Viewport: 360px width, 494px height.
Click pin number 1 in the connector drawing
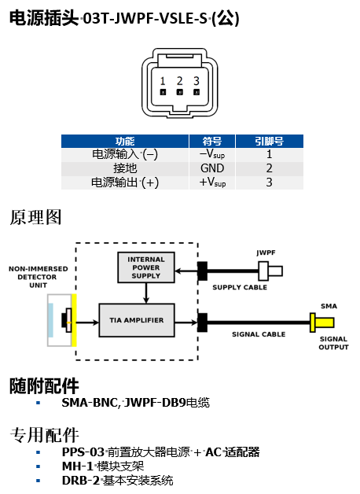tap(163, 81)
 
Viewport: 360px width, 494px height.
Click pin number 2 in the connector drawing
tap(179, 81)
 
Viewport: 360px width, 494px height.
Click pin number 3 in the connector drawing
tap(196, 81)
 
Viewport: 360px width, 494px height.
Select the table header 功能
tap(125, 141)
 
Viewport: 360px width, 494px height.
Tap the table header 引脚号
tap(269, 141)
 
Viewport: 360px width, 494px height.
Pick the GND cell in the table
tap(212, 168)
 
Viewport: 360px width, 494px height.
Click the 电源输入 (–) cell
tap(125, 155)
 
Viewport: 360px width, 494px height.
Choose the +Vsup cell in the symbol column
tap(212, 182)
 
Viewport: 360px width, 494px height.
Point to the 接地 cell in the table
tap(125, 168)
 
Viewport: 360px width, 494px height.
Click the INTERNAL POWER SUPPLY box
tap(145, 267)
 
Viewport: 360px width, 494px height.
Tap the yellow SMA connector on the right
tap(321, 321)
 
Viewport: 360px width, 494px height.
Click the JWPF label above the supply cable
tap(266, 253)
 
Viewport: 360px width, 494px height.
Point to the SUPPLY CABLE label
tap(240, 288)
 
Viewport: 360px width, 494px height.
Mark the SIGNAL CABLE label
tap(259, 334)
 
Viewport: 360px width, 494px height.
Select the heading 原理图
tap(35, 217)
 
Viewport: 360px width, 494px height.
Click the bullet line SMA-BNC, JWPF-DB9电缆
tap(135, 403)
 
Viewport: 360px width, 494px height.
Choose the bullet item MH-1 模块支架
tap(113, 466)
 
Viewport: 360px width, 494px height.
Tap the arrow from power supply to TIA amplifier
tap(146, 293)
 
